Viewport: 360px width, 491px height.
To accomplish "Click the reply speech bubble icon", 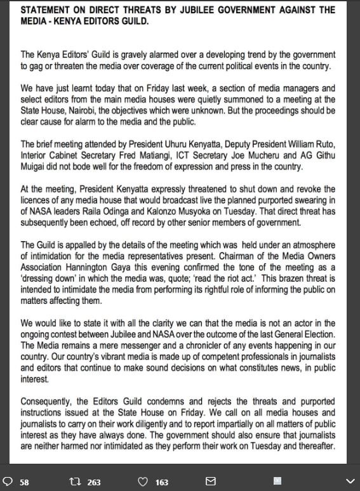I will [8, 481].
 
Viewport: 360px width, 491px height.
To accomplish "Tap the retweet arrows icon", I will [74, 481].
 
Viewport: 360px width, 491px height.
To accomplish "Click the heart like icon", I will [143, 481].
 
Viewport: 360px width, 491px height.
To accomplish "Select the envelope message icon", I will [211, 481].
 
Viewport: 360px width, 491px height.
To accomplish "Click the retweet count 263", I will [94, 482].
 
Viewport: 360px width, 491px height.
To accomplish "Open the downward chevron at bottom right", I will [348, 481].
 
